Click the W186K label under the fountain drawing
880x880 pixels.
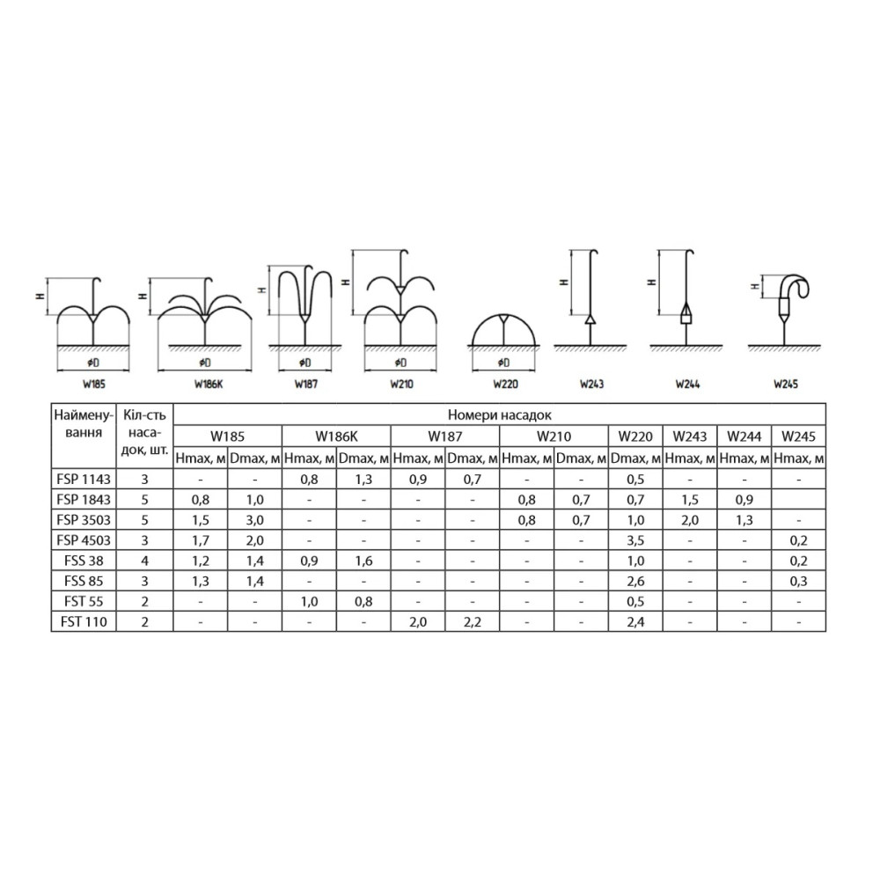pyautogui.click(x=209, y=385)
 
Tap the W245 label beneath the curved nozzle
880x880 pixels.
pyautogui.click(x=786, y=385)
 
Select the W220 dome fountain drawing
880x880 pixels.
pyautogui.click(x=504, y=330)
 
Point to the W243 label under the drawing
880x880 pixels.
pyautogui.click(x=591, y=385)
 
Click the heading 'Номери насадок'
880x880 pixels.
pyautogui.click(x=500, y=415)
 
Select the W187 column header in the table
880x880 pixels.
pyautogui.click(x=445, y=436)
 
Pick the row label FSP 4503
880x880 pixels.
pyautogui.click(x=84, y=540)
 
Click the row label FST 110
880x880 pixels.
pyautogui.click(x=84, y=622)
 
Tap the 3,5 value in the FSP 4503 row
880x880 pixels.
pyautogui.click(x=635, y=540)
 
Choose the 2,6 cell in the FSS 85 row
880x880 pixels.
pyautogui.click(x=635, y=581)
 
